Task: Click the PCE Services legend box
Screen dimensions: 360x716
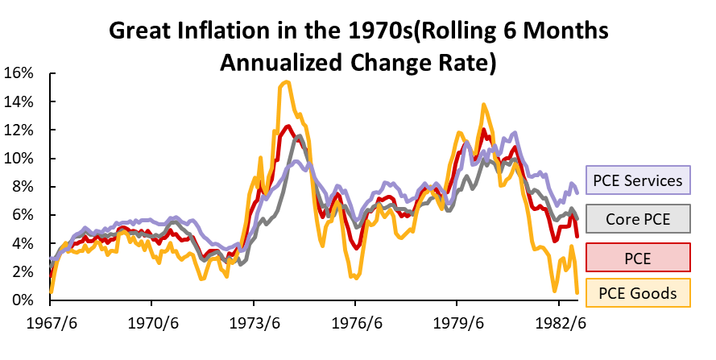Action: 638,180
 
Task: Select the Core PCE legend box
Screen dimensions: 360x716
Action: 638,217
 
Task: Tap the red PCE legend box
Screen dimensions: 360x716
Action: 638,255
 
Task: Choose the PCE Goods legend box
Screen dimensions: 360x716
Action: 638,293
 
